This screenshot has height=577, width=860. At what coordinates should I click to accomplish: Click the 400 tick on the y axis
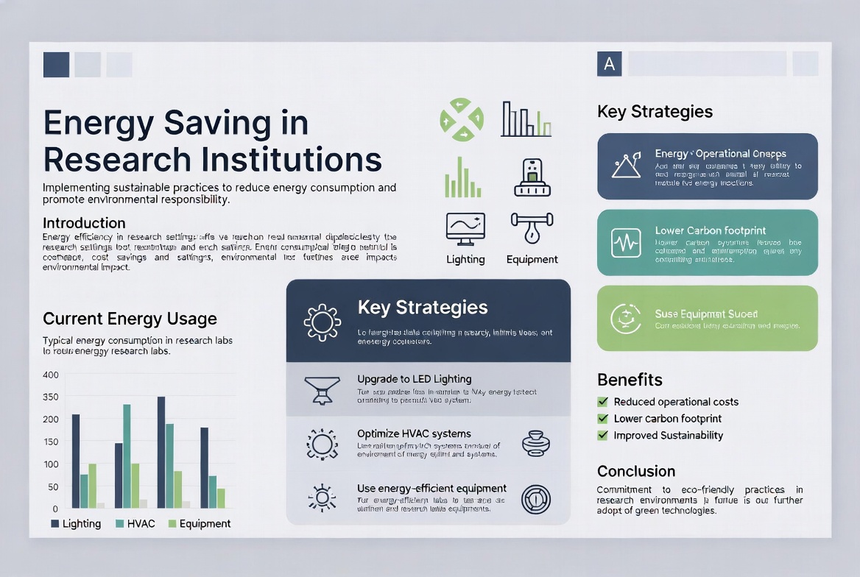[50, 375]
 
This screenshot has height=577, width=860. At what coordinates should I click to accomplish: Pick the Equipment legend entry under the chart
[199, 524]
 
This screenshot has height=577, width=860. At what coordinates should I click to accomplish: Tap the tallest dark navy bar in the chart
[161, 452]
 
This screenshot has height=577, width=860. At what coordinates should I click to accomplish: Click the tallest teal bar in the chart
[127, 456]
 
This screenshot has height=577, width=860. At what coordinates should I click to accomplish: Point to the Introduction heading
[84, 223]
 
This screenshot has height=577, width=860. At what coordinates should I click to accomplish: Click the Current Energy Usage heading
[130, 319]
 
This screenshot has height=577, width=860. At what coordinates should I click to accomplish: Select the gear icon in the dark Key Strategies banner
[322, 322]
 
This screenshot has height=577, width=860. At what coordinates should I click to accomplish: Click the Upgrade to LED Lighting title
[414, 379]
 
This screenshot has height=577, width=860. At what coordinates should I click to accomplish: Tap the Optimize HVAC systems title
[414, 433]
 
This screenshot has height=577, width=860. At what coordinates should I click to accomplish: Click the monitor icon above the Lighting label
[465, 228]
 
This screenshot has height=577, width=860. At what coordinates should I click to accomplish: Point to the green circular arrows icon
[462, 119]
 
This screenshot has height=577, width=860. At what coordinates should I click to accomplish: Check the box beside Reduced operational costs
[602, 402]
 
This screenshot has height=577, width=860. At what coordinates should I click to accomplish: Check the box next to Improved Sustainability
[602, 435]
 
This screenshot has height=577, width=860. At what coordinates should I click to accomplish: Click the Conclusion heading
[635, 471]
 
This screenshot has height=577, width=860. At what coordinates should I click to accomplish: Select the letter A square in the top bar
[609, 64]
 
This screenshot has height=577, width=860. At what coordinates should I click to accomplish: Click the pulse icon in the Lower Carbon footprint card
[626, 243]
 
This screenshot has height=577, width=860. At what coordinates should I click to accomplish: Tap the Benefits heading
[630, 380]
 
